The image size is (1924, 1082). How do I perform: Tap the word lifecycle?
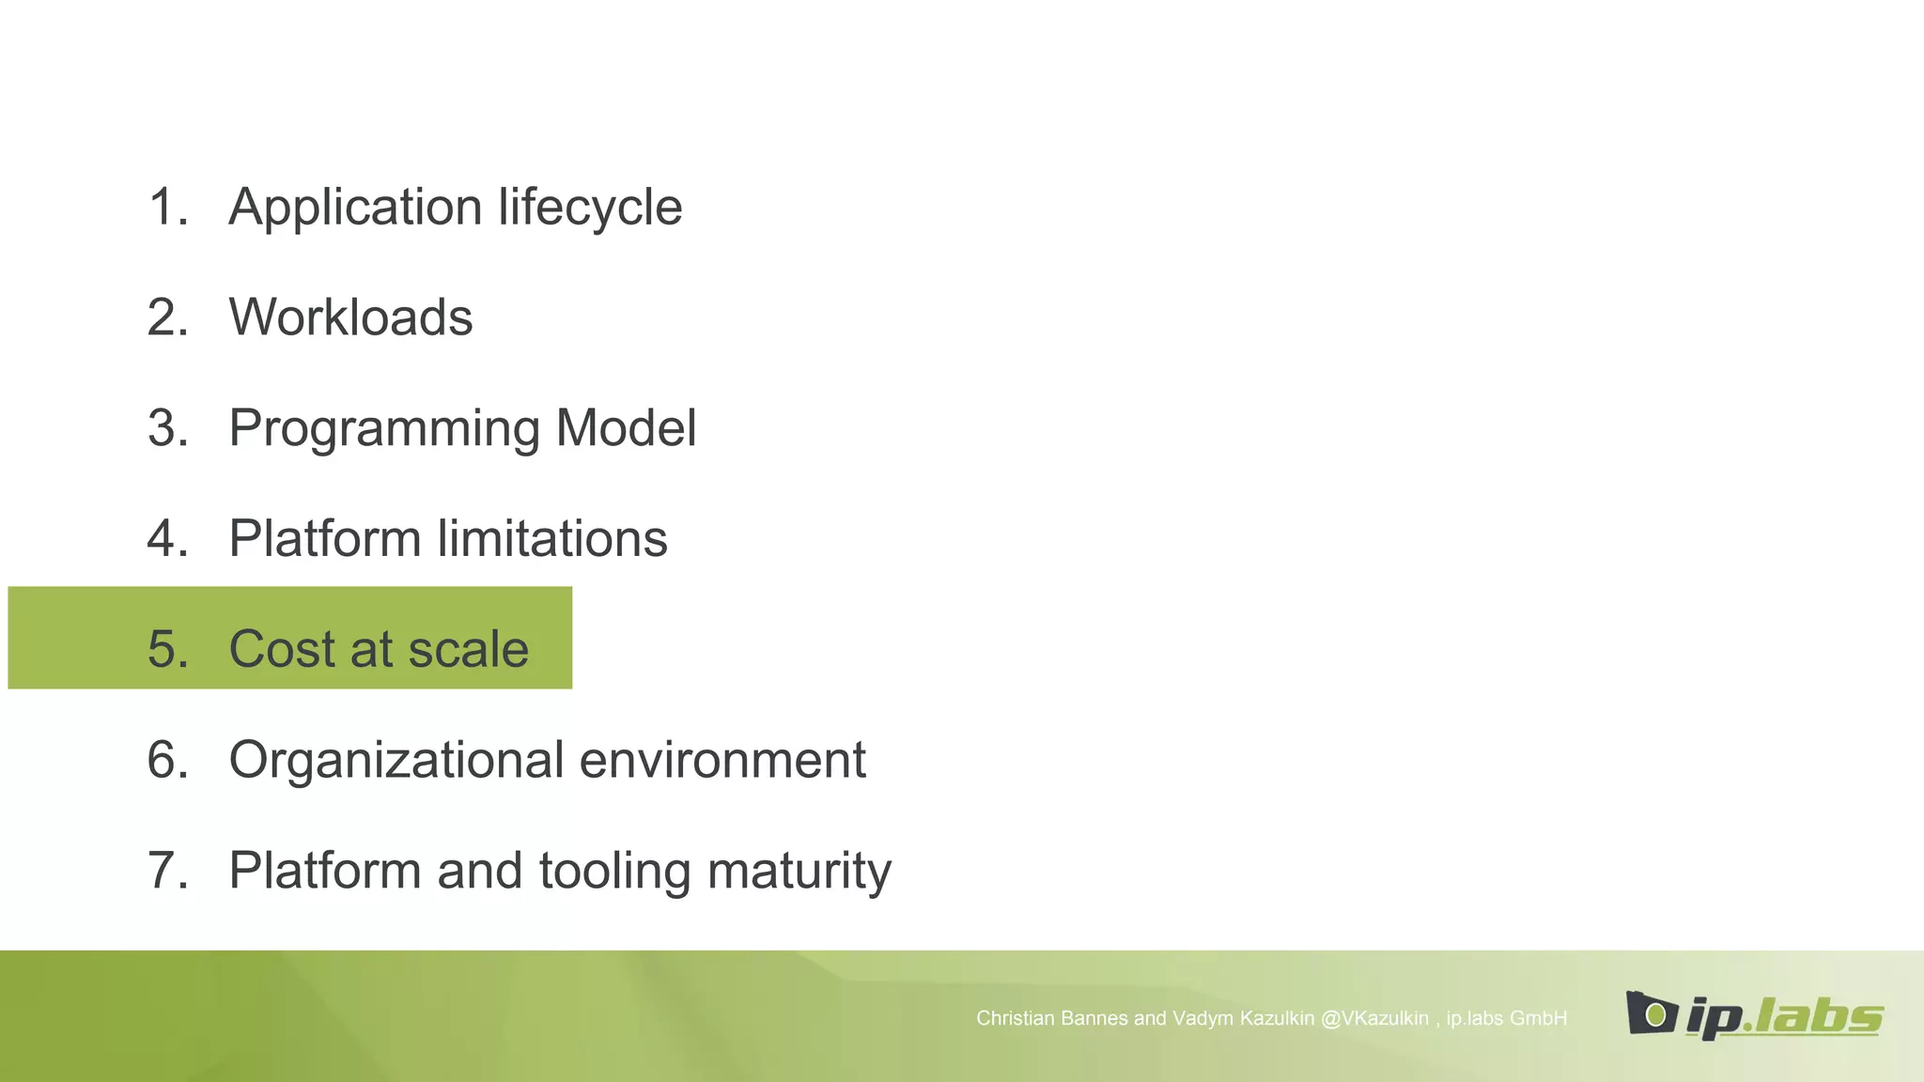(590, 208)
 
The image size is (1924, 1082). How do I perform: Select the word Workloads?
(350, 317)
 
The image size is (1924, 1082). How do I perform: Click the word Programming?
(383, 429)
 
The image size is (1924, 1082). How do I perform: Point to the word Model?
(626, 428)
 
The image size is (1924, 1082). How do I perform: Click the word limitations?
(552, 539)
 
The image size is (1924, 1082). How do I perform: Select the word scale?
(469, 649)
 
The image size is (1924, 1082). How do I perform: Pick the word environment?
(722, 760)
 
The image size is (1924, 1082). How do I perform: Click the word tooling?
(614, 872)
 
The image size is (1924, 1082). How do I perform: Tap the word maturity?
(799, 872)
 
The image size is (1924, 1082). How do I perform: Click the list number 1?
(167, 208)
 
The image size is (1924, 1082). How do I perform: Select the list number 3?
(167, 428)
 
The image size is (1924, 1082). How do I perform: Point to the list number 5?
(167, 649)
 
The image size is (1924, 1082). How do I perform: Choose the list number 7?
(167, 871)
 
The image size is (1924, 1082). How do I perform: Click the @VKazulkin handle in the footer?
(1374, 1018)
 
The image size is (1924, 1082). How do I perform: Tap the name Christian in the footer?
(1013, 1018)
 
